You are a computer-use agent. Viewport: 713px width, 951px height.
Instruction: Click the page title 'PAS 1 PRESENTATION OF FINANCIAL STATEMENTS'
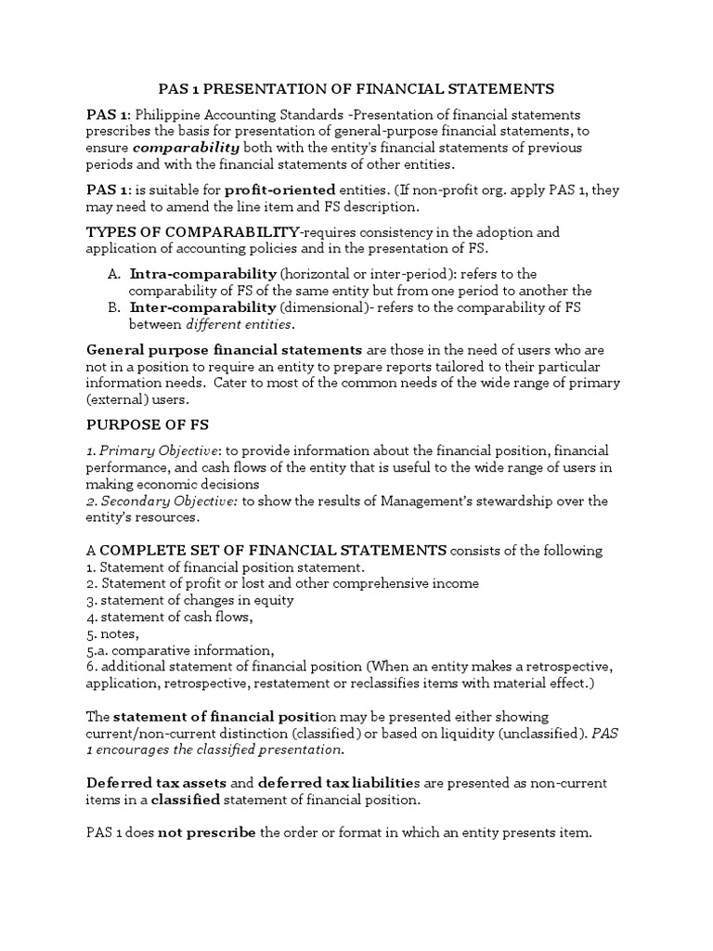pos(356,88)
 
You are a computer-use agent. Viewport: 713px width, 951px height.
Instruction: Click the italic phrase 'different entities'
pos(240,323)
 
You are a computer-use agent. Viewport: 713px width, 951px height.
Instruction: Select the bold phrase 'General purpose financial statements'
pos(224,349)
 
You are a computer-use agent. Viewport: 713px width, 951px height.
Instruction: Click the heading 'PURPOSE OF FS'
pos(148,424)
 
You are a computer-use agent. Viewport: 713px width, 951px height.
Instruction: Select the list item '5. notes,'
pos(112,633)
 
